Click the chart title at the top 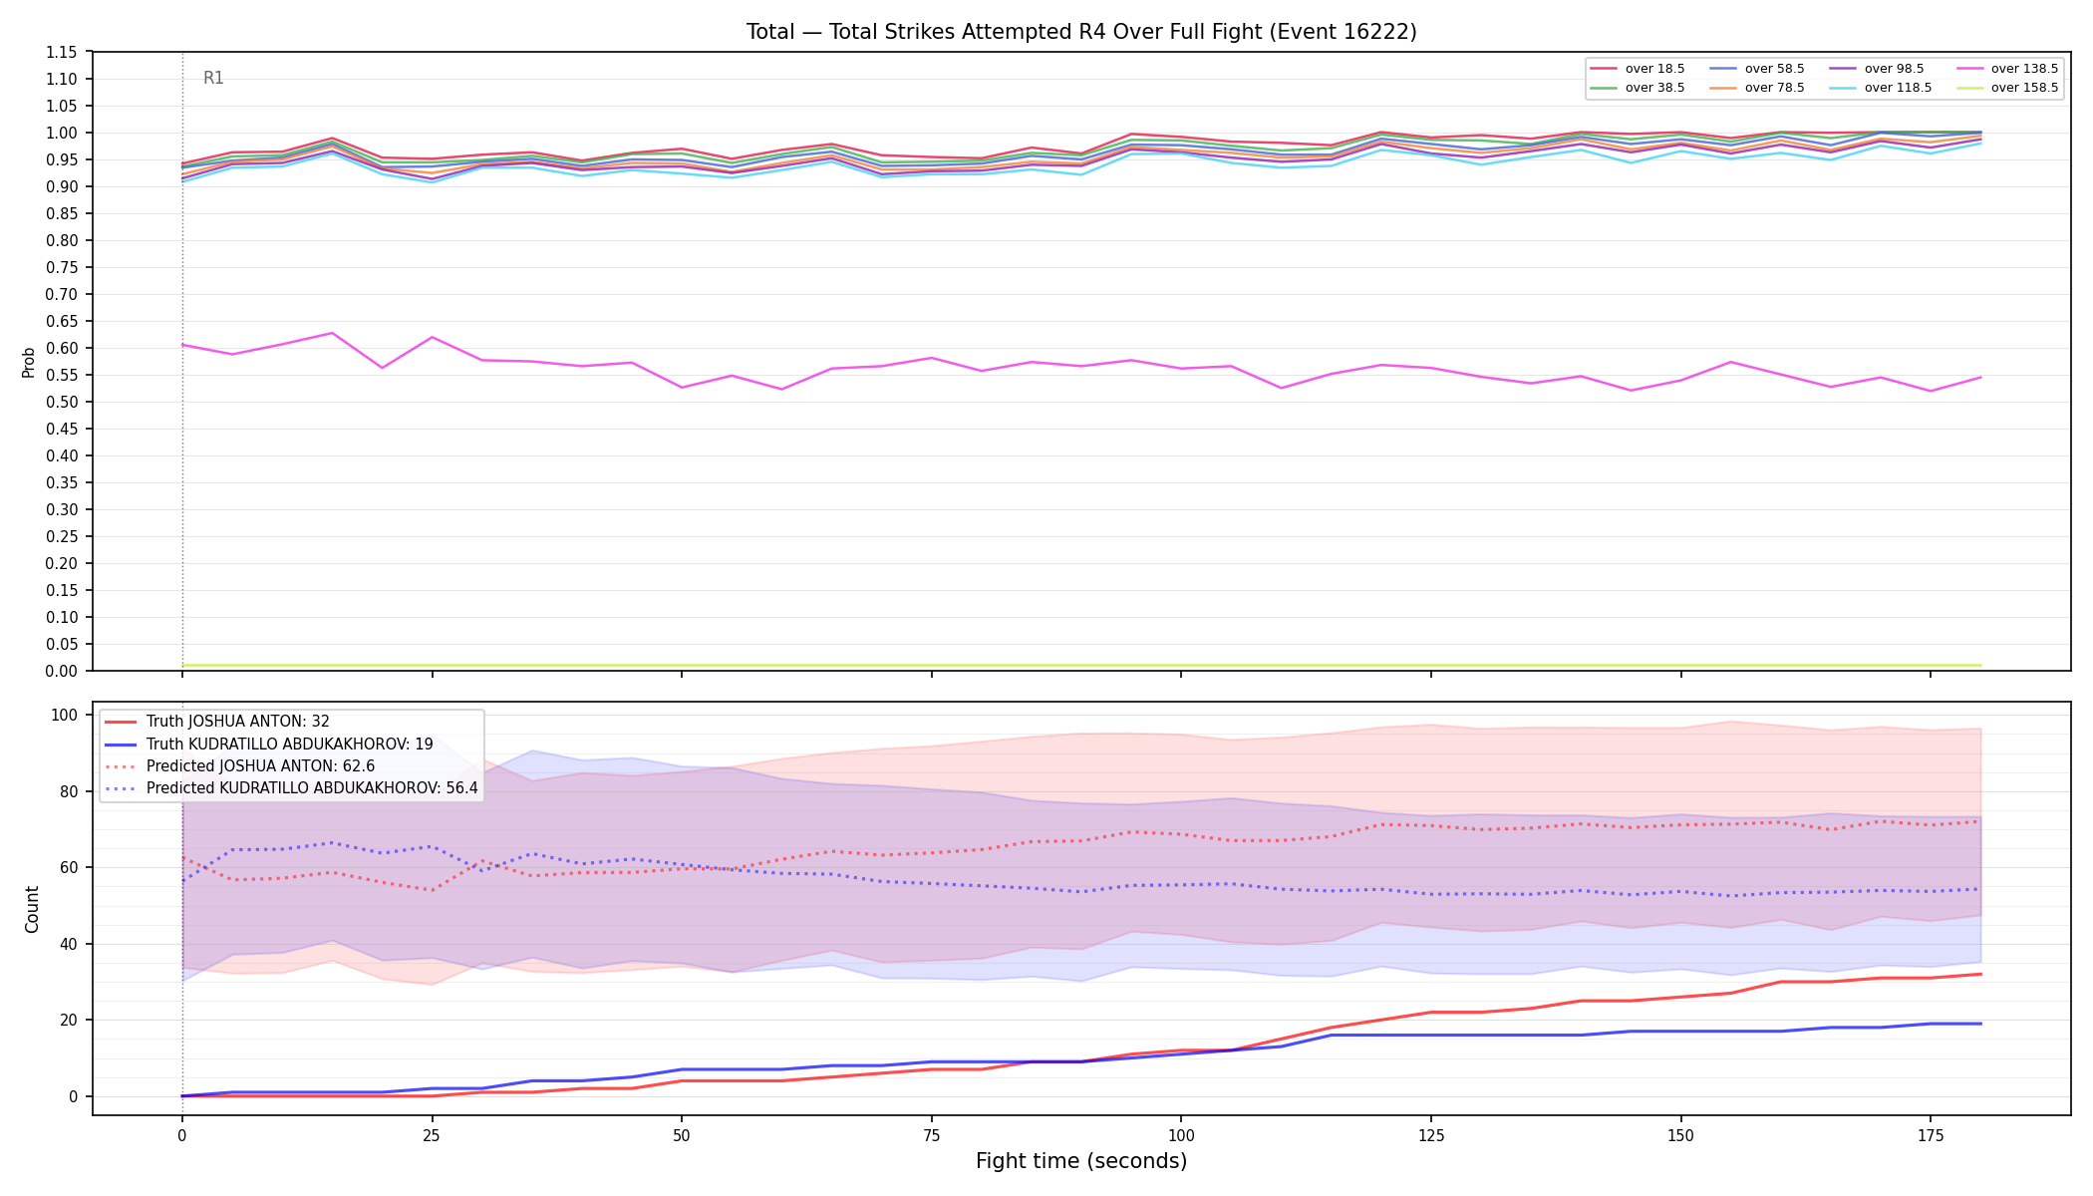point(1081,32)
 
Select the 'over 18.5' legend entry point(1638,69)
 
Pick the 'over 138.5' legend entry point(2007,69)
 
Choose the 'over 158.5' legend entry point(2007,88)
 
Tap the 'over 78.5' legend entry point(1757,88)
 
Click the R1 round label point(213,78)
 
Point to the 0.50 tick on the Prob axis point(62,402)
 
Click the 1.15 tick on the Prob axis point(62,52)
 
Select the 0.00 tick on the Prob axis point(62,671)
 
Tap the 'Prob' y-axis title point(29,362)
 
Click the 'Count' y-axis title point(32,909)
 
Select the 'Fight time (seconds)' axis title point(1081,1161)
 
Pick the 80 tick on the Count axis point(70,791)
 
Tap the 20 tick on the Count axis point(70,1020)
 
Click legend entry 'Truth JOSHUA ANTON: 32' point(216,722)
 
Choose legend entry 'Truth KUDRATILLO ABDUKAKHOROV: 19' point(268,744)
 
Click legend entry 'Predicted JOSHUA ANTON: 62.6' point(239,766)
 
